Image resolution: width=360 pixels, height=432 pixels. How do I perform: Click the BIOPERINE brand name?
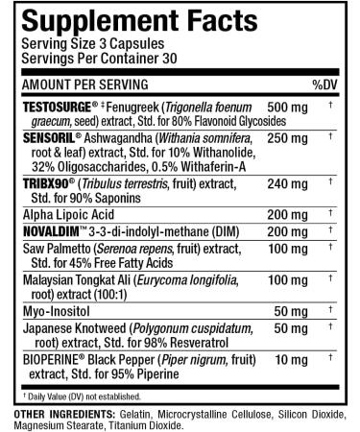click(x=41, y=361)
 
